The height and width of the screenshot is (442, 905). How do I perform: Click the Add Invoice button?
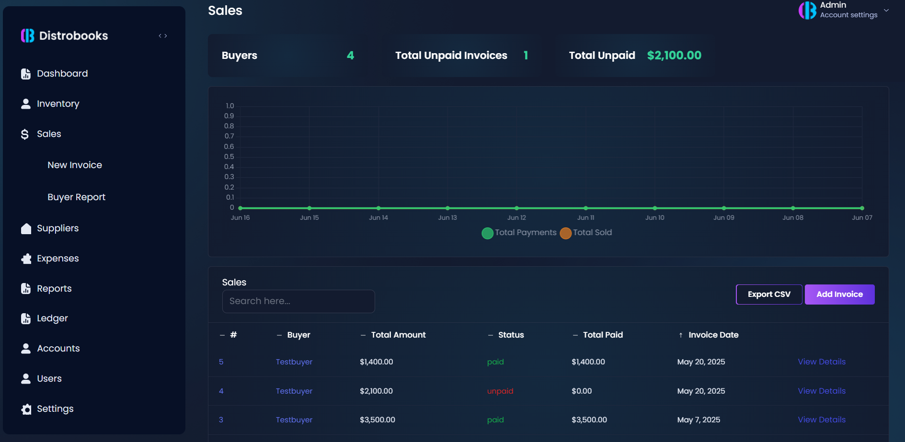(839, 295)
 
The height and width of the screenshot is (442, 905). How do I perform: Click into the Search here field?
(298, 301)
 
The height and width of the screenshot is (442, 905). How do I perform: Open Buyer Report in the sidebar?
(76, 197)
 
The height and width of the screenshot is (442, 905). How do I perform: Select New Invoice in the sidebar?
(75, 165)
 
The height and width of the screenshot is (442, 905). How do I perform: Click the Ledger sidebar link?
(52, 318)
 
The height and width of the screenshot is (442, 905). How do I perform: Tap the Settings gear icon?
(26, 409)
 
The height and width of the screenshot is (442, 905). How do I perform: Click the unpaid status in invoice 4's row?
(500, 391)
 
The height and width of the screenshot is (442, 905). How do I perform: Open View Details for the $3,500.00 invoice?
(821, 420)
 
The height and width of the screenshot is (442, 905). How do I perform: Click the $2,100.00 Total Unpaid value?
(674, 56)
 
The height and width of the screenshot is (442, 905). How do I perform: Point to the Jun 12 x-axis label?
(516, 218)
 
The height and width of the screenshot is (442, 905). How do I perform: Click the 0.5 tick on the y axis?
(229, 157)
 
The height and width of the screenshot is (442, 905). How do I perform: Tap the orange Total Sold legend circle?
(565, 233)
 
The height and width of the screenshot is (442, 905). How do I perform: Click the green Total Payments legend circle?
(487, 233)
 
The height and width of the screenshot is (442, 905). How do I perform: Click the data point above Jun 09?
(723, 208)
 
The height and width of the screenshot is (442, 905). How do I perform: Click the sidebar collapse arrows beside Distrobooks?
(163, 36)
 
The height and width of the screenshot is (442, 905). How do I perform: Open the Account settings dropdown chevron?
(886, 11)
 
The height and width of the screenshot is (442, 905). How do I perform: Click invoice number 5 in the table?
(221, 362)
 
